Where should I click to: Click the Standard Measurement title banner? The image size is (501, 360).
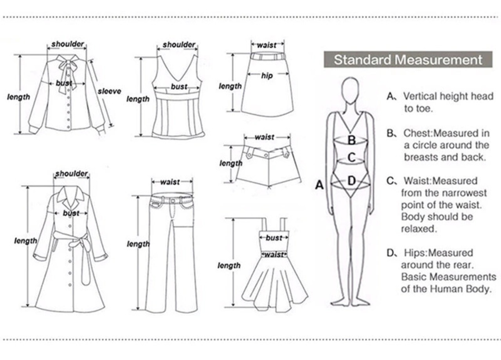pyautogui.click(x=408, y=60)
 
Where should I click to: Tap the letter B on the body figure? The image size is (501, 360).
pyautogui.click(x=352, y=140)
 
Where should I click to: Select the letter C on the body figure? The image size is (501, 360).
pyautogui.click(x=351, y=157)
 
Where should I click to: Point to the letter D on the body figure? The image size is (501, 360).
pyautogui.click(x=351, y=180)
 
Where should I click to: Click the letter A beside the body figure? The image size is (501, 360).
pyautogui.click(x=320, y=185)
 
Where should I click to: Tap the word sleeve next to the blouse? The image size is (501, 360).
pyautogui.click(x=109, y=91)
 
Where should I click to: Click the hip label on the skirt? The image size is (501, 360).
pyautogui.click(x=267, y=76)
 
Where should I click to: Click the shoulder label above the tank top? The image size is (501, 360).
pyautogui.click(x=179, y=45)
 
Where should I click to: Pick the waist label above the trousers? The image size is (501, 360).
pyautogui.click(x=170, y=182)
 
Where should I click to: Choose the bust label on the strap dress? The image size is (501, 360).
pyautogui.click(x=274, y=238)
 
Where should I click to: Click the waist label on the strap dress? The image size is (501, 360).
pyautogui.click(x=274, y=255)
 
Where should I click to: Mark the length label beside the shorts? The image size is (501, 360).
pyautogui.click(x=231, y=163)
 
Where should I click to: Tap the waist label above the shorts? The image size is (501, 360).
pyautogui.click(x=265, y=137)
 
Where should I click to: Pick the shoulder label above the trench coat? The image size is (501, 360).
pyautogui.click(x=71, y=173)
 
